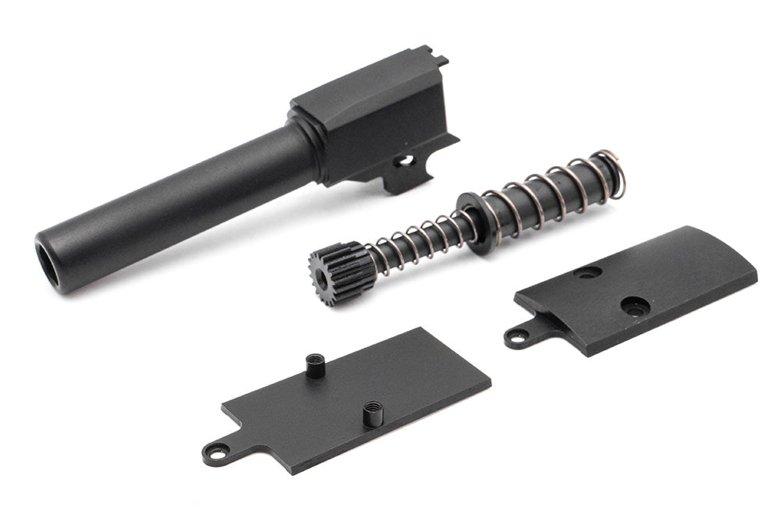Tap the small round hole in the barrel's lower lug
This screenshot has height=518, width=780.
tap(405, 160)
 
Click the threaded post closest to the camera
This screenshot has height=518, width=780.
tap(373, 412)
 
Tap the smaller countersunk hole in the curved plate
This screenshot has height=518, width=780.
tap(587, 272)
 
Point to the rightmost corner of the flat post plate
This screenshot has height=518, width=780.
tap(491, 382)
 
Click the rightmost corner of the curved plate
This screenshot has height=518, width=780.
tap(756, 275)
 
